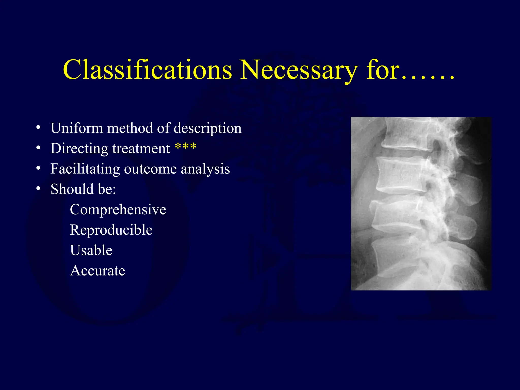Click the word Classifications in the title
(x=147, y=70)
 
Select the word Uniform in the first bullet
(x=76, y=128)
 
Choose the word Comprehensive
(x=118, y=210)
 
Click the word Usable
(x=91, y=250)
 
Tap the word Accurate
(x=97, y=271)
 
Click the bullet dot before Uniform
(x=38, y=127)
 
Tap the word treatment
(x=141, y=149)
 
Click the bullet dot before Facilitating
(x=38, y=168)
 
